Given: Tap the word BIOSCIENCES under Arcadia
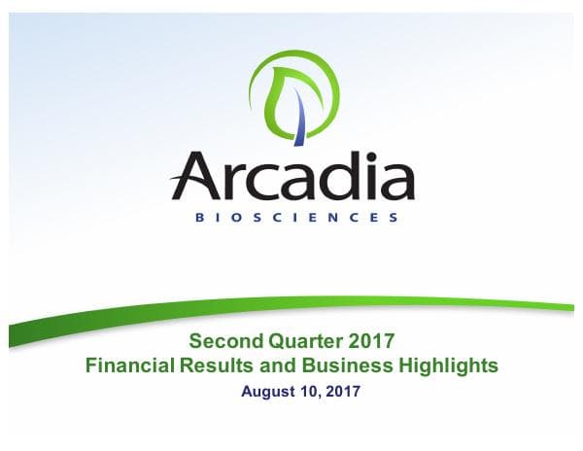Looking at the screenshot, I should [x=291, y=218].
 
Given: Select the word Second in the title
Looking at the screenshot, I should [x=223, y=342].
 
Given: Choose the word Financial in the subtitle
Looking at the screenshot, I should [x=131, y=366].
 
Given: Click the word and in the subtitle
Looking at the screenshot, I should [x=280, y=366].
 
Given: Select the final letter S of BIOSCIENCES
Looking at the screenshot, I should [x=393, y=218].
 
